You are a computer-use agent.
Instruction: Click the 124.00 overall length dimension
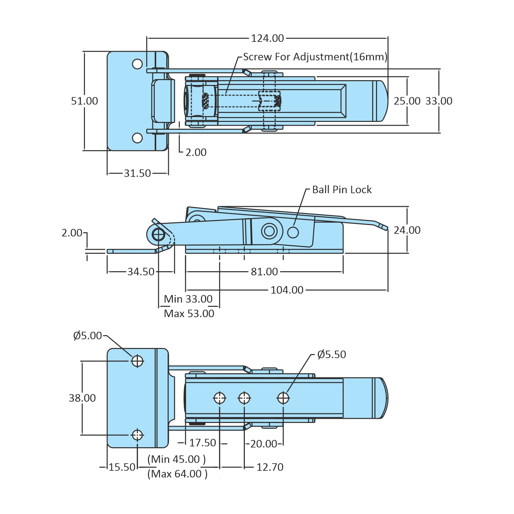tap(267, 38)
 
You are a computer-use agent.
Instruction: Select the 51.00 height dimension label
tap(84, 101)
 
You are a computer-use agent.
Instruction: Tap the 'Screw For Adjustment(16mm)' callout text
tap(315, 57)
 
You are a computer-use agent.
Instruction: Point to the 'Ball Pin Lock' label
tap(341, 190)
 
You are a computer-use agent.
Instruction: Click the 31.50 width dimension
tap(137, 173)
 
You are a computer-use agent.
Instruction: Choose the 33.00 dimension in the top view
tap(439, 101)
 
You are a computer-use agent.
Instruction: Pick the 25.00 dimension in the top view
tap(407, 101)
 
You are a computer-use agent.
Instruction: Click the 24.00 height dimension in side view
tap(407, 230)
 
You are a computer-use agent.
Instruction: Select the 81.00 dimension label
tap(264, 272)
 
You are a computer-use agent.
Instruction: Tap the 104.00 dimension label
tap(287, 290)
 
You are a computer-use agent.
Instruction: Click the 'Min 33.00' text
tap(188, 299)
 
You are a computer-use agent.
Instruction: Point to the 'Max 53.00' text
tap(189, 313)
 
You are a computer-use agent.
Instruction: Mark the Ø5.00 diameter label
tap(88, 336)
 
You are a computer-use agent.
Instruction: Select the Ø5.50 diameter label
tap(331, 354)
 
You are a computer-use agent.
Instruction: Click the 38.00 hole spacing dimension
tap(82, 398)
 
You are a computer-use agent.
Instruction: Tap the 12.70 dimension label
tap(270, 467)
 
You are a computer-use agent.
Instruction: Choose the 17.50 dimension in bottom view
tap(202, 443)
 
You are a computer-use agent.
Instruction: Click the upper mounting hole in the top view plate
tap(137, 64)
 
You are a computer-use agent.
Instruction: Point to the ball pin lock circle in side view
tap(293, 232)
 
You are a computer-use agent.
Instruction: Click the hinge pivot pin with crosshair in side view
tap(159, 235)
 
